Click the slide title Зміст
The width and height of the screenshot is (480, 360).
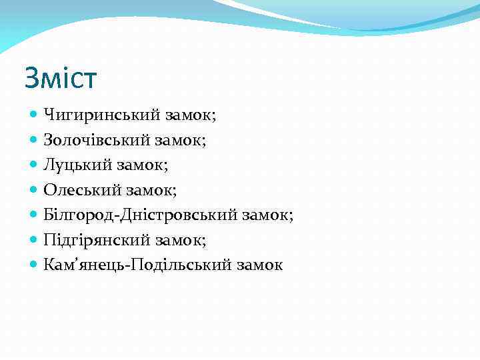click(61, 78)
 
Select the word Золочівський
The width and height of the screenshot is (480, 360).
click(97, 140)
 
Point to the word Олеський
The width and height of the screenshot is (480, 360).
click(79, 190)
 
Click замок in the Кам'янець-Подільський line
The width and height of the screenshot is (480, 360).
click(259, 265)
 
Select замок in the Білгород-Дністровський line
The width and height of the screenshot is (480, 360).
click(268, 215)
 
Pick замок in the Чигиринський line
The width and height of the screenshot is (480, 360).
click(189, 115)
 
